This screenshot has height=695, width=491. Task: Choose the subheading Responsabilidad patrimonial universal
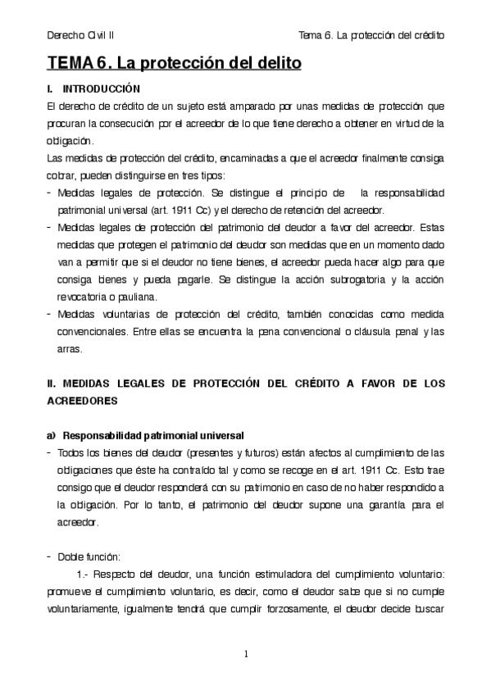pyautogui.click(x=153, y=434)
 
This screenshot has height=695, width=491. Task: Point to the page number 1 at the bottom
pyautogui.click(x=246, y=653)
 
